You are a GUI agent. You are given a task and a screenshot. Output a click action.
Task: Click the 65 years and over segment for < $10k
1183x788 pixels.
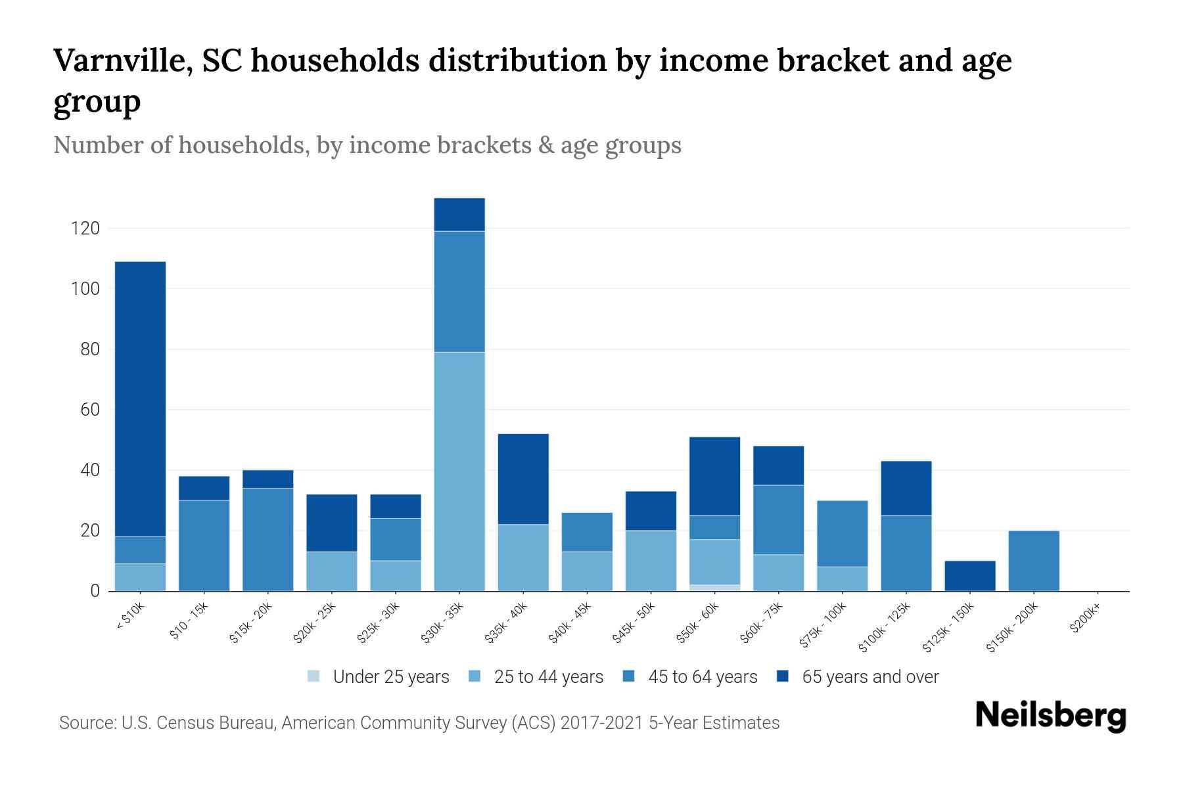[x=140, y=399]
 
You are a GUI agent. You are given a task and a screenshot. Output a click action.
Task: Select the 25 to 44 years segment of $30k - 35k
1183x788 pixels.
[x=459, y=471]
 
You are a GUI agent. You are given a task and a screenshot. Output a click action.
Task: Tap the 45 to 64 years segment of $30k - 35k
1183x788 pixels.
[x=459, y=292]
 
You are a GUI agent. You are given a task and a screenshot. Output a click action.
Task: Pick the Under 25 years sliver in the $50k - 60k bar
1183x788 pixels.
[x=714, y=588]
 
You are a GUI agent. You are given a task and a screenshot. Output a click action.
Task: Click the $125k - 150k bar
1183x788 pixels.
[x=969, y=576]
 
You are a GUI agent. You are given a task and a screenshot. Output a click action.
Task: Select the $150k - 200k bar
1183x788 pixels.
[x=1033, y=561]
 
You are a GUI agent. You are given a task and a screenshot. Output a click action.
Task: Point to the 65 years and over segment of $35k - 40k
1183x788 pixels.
[x=523, y=479]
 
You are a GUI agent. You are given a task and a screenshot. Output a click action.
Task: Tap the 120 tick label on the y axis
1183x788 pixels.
[x=85, y=229]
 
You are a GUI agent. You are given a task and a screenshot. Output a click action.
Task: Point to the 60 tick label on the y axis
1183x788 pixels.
[x=89, y=410]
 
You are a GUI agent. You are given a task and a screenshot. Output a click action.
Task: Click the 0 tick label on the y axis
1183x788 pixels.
[x=95, y=591]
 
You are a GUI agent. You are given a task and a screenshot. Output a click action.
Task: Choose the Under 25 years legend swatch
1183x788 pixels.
[x=314, y=676]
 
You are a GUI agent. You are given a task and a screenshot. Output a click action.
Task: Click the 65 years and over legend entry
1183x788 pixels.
[x=870, y=676]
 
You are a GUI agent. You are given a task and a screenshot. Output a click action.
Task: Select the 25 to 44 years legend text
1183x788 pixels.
[x=548, y=676]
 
